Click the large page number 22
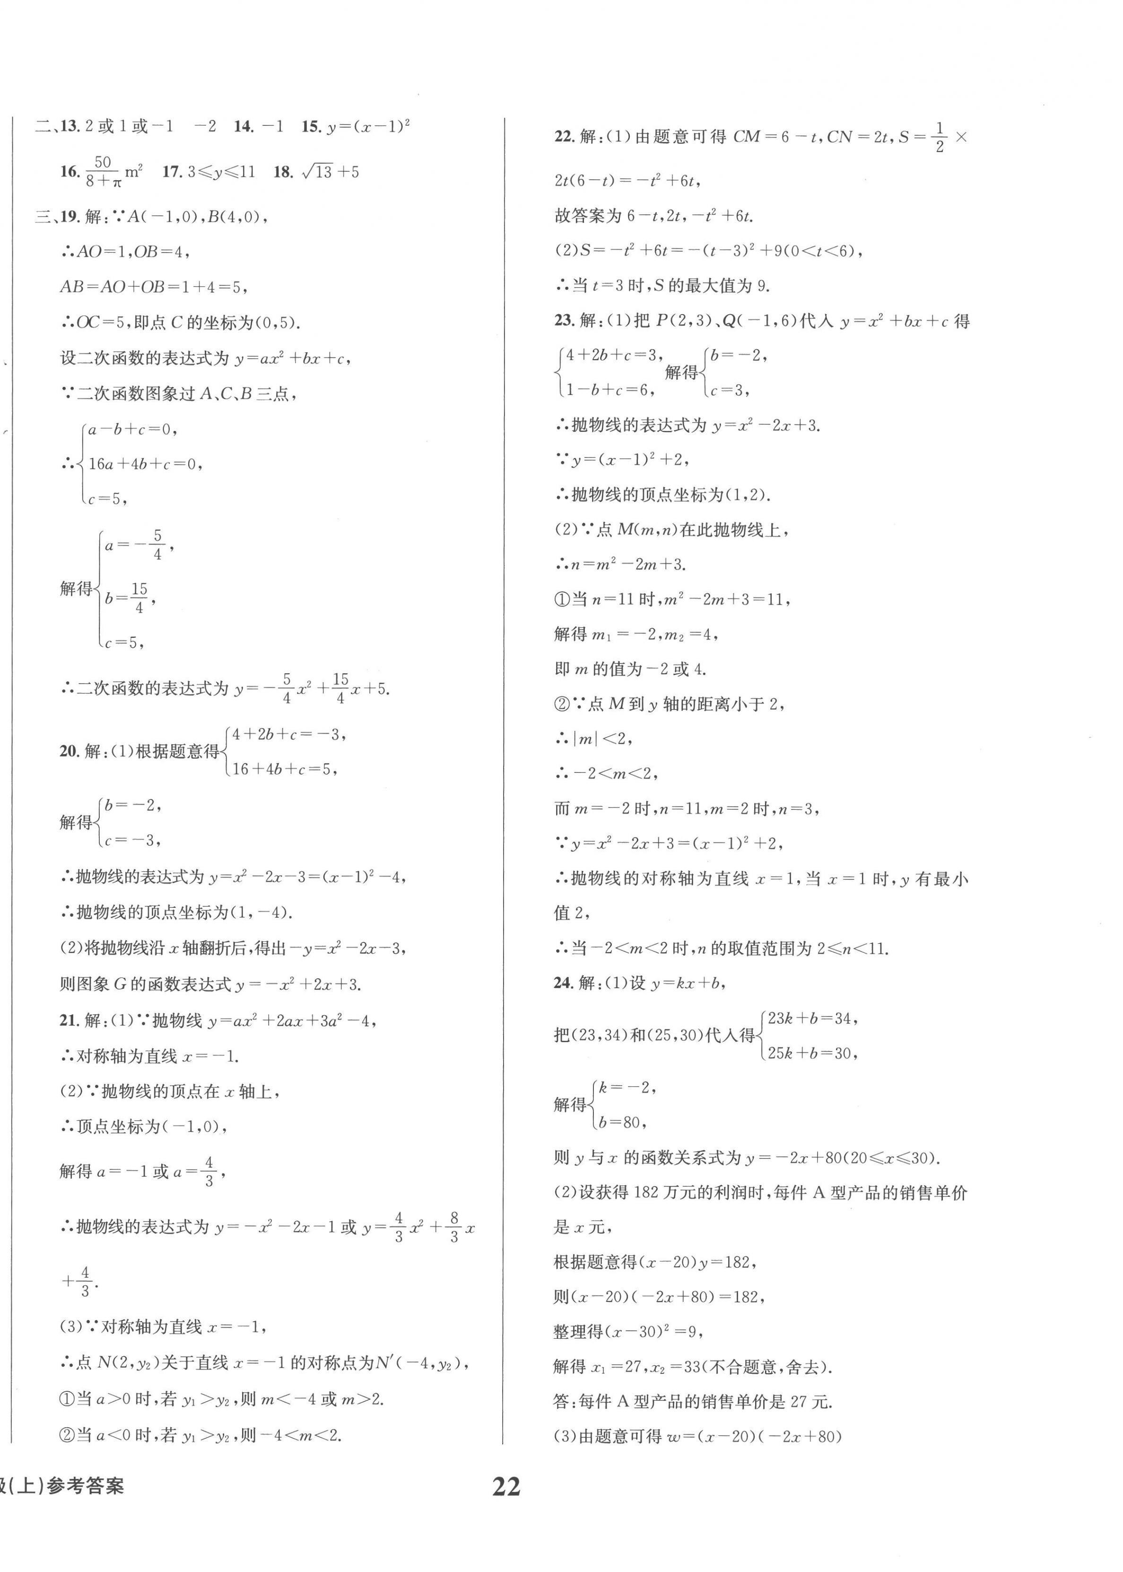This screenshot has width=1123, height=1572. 506,1486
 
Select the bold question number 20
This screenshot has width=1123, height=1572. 69,751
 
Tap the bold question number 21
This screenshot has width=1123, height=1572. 69,1020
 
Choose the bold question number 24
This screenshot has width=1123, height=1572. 564,983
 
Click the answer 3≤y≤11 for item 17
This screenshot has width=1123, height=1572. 221,172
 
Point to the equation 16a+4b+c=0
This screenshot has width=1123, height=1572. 145,464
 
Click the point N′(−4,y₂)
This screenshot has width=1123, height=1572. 422,1363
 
